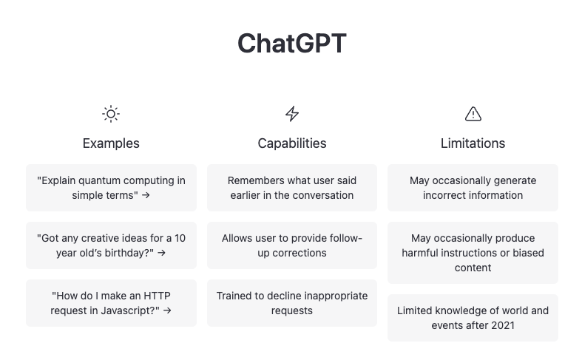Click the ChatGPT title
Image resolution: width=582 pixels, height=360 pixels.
tap(291, 44)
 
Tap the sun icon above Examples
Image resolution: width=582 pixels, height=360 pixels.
tap(111, 114)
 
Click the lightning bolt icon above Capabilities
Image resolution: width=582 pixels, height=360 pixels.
tap(292, 114)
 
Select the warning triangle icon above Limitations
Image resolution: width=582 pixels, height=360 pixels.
tap(473, 114)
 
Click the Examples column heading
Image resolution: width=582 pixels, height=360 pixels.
tap(111, 143)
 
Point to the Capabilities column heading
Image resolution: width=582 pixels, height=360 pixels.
tap(292, 143)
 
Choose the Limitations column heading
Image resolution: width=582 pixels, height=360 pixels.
tap(473, 143)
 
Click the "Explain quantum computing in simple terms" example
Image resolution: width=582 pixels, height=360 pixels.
tap(111, 188)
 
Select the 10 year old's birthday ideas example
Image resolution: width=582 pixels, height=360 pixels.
tap(111, 245)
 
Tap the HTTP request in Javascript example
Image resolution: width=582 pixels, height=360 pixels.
tap(111, 303)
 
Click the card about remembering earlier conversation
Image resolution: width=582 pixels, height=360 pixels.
tap(292, 188)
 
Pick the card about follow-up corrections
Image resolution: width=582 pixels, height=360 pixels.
tap(292, 245)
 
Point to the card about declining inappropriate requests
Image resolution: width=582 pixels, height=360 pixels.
tap(292, 303)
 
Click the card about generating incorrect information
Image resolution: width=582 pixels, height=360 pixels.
tap(473, 188)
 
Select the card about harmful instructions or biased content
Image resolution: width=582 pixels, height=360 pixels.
tap(473, 253)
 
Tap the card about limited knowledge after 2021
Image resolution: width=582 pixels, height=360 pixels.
tap(473, 318)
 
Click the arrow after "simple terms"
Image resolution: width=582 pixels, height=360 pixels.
tap(146, 196)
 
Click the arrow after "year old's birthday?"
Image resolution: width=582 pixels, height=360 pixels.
tap(161, 254)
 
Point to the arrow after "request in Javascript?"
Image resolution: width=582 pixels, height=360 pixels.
tap(167, 311)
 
